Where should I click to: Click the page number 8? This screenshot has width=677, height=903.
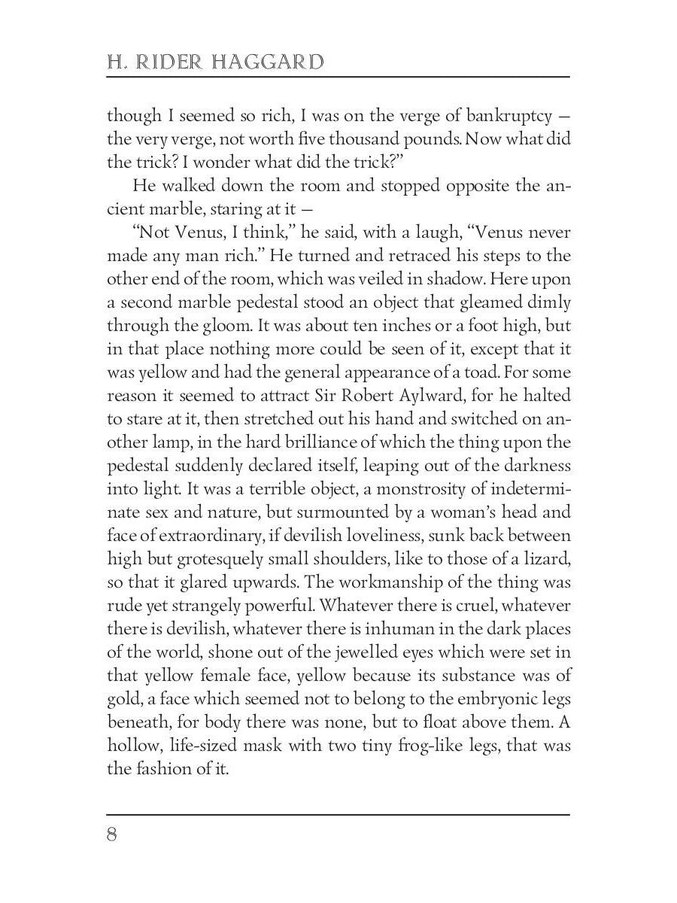113,836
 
